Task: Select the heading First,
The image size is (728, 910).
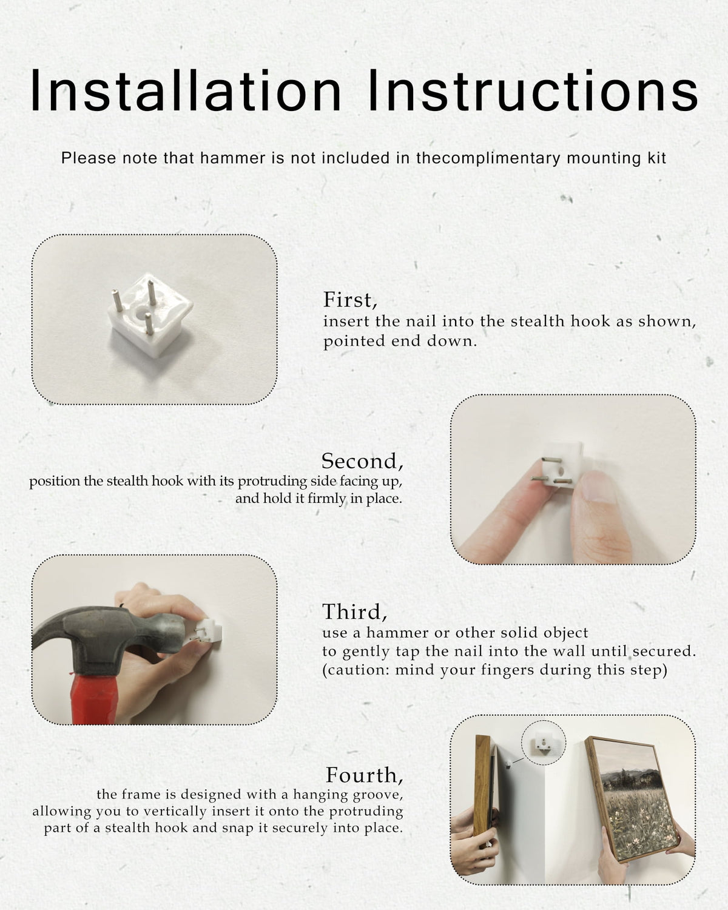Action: coord(350,300)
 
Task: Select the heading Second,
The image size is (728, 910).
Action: coord(362,461)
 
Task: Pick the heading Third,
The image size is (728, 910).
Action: coord(354,612)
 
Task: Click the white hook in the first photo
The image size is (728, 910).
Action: coord(150,315)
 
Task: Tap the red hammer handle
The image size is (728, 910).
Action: coord(94,698)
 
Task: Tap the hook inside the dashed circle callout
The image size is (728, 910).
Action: coord(543,743)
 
